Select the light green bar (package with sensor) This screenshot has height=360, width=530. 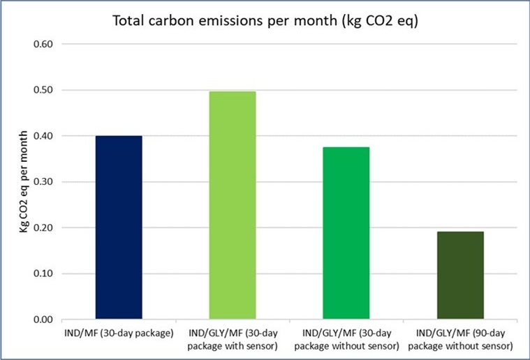pyautogui.click(x=233, y=205)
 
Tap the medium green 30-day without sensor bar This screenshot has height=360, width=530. pyautogui.click(x=346, y=233)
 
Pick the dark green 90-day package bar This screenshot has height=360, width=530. pyautogui.click(x=460, y=275)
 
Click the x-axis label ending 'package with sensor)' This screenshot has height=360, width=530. pyautogui.click(x=233, y=339)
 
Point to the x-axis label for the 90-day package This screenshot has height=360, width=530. pyautogui.click(x=460, y=339)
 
